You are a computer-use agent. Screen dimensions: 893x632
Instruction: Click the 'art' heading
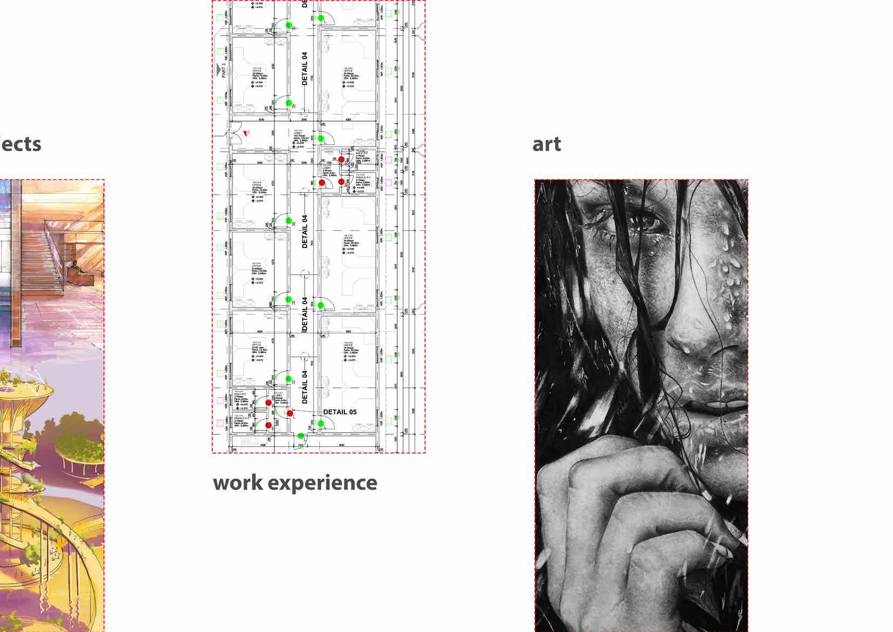point(546,144)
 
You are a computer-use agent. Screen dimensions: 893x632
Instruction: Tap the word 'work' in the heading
point(238,482)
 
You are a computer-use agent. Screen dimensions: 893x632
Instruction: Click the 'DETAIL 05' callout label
point(340,412)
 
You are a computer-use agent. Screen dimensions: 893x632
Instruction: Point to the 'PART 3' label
point(223,71)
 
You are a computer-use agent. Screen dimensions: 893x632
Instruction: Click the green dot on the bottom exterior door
point(301,436)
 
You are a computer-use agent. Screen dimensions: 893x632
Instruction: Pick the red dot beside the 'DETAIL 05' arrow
point(290,414)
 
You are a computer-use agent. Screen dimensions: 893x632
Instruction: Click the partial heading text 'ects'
point(21,144)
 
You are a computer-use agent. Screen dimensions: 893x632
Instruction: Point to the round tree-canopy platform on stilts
point(24,389)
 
